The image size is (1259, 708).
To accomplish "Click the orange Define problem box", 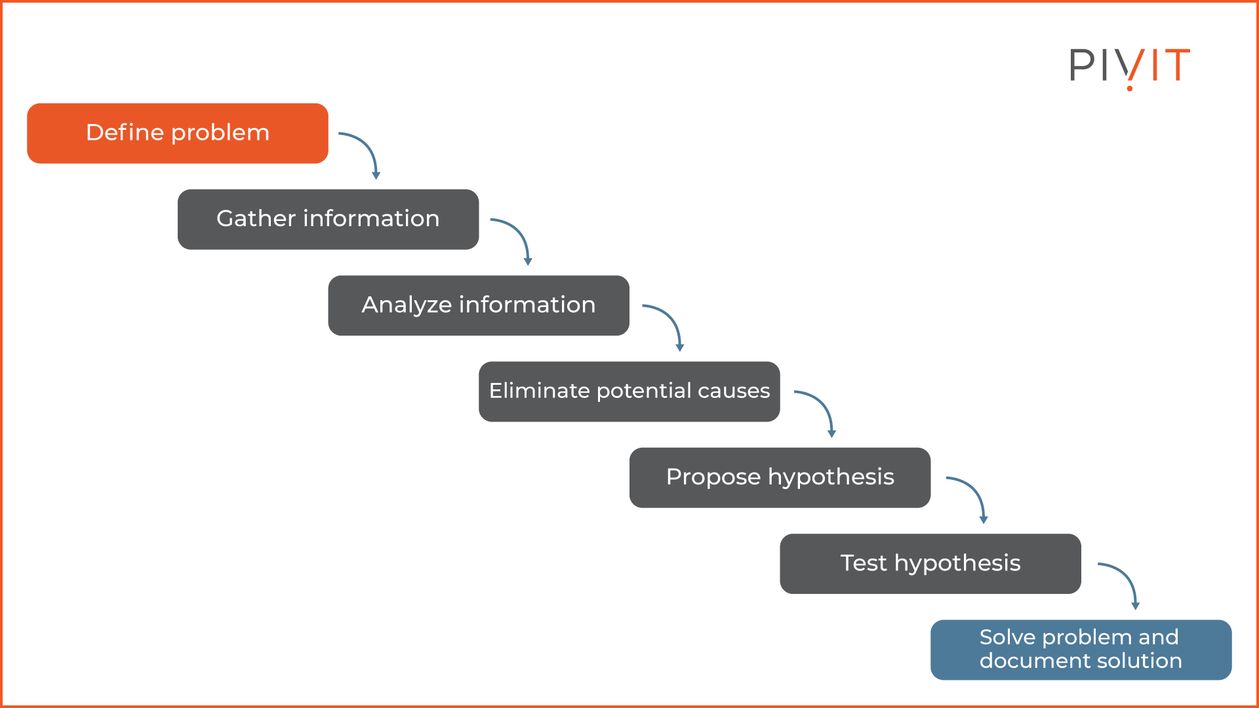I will point(177,133).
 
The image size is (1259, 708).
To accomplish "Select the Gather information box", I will point(328,219).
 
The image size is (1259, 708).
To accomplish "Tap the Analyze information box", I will point(479,305).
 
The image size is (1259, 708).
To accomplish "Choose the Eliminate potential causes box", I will point(629,391).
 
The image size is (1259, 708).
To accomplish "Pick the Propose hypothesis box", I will point(780,477).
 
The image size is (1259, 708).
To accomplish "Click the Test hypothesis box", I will point(930,564).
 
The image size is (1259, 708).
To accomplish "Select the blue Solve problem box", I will point(1081,650).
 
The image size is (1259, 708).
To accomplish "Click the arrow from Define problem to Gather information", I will point(369,147).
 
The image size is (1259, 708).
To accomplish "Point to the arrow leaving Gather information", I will point(521,233).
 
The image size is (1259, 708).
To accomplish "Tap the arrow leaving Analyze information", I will point(672,319).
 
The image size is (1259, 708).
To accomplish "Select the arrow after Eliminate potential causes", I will point(824,406).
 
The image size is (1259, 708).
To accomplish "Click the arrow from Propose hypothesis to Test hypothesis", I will point(976,492).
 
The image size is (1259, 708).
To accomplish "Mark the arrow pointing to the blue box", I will point(1128,578).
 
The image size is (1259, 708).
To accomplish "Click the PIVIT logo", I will point(1129,66).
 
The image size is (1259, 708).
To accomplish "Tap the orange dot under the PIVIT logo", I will point(1130,88).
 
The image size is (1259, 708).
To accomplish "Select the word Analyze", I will point(407,305).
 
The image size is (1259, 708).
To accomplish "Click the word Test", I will point(863,564).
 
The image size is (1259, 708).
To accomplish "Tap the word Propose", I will point(713,478).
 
